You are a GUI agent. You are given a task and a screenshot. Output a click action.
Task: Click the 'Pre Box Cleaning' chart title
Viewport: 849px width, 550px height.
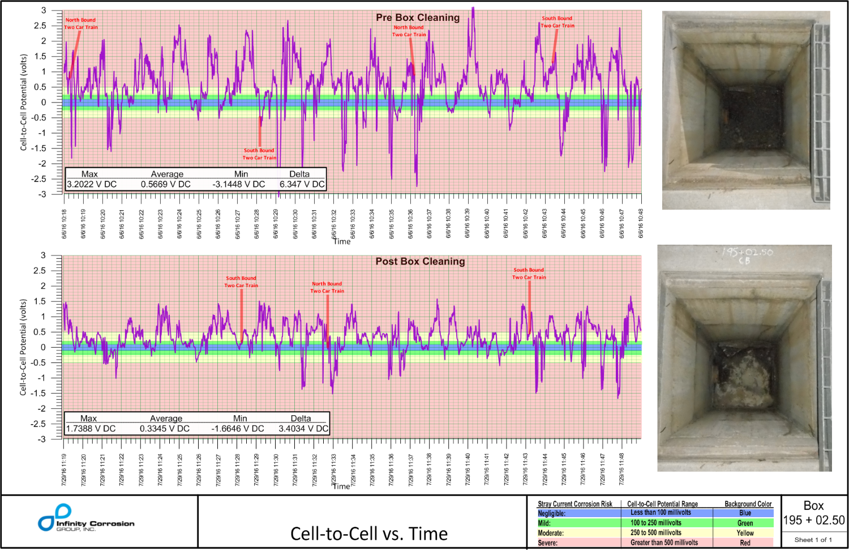pos(418,18)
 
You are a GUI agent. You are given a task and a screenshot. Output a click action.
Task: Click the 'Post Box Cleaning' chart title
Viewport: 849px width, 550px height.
pos(420,261)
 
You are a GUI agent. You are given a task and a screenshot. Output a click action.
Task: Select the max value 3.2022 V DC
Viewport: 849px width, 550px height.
pos(92,184)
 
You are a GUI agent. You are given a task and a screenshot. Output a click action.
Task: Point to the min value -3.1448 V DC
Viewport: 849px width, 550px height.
pos(238,184)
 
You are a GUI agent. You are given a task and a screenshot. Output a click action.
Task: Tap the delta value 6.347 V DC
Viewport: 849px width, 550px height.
pos(302,184)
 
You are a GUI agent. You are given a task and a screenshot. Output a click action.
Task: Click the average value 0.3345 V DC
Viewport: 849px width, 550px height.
pos(165,429)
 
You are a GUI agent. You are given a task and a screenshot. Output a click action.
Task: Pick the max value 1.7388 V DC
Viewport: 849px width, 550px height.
pos(91,429)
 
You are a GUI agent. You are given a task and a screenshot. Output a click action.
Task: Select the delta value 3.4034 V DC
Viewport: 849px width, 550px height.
pos(303,429)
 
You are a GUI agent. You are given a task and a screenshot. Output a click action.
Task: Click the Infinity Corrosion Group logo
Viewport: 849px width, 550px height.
pos(86,518)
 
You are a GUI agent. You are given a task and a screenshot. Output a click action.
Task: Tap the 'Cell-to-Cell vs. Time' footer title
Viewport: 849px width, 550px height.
pos(368,534)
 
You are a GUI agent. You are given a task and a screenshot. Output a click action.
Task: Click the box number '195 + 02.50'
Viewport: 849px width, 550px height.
pos(813,520)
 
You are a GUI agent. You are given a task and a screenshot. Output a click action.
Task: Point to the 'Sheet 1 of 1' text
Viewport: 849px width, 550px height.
pos(813,540)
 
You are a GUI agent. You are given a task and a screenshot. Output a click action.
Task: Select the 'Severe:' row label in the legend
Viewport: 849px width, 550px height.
pos(547,543)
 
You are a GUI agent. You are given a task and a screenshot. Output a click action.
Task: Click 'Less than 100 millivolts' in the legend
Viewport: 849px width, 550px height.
pos(661,513)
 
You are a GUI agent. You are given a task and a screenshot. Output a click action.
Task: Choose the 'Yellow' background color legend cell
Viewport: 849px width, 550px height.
pos(745,533)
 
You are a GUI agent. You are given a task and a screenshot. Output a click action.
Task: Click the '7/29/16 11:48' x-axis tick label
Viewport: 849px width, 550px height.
pos(621,468)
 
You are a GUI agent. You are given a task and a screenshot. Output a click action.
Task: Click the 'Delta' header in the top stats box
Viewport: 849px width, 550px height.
pos(299,174)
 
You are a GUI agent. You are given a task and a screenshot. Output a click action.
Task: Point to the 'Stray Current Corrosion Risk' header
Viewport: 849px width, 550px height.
pos(574,504)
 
